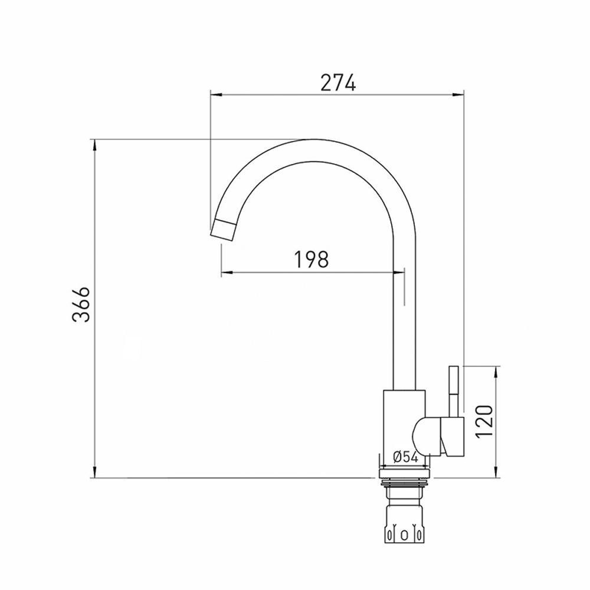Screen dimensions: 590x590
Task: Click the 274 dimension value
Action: click(x=338, y=83)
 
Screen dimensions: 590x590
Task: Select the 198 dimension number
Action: click(x=311, y=259)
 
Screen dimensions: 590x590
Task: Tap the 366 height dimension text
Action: click(x=81, y=304)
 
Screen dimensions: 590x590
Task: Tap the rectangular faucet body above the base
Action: click(x=404, y=422)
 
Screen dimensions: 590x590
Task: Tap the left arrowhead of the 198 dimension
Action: click(x=226, y=273)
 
